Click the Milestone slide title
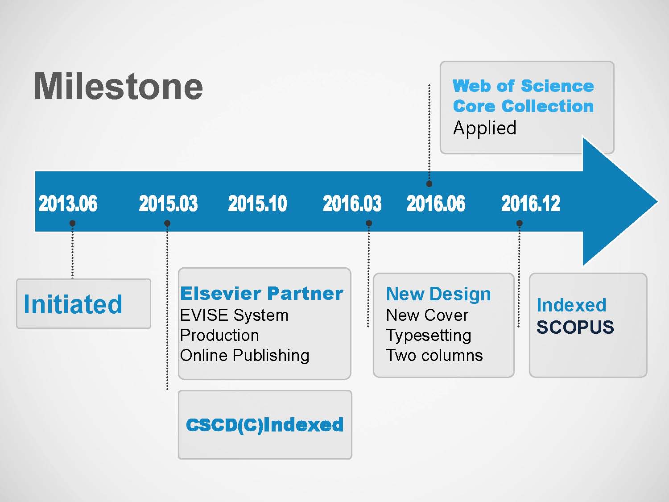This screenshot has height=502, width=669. click(x=118, y=86)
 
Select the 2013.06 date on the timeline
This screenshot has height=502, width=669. click(x=68, y=203)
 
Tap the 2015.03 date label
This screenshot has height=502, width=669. click(x=168, y=203)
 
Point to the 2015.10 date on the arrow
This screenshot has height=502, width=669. click(x=257, y=203)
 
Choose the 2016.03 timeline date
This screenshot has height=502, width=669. click(x=352, y=203)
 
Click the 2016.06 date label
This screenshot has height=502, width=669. click(x=436, y=203)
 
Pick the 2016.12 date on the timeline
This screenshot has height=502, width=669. click(x=531, y=203)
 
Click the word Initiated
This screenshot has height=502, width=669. click(x=73, y=304)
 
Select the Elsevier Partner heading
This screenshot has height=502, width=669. click(x=261, y=294)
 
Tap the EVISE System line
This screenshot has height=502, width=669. click(x=234, y=315)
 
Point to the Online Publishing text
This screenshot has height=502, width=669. click(x=244, y=355)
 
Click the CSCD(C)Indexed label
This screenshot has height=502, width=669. click(x=264, y=425)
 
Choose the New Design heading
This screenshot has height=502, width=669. click(x=438, y=294)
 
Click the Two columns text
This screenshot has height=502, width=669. click(x=434, y=355)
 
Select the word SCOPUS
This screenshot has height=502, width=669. click(x=575, y=327)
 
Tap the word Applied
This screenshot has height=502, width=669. click(x=485, y=128)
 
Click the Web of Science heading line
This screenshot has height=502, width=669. click(x=523, y=86)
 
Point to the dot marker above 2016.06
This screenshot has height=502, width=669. click(x=429, y=183)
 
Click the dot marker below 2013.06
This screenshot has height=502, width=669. click(x=72, y=223)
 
